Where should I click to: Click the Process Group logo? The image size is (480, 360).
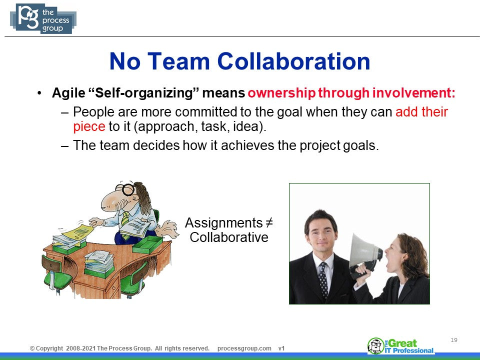pos(43,18)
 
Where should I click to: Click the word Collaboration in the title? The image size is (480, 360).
pos(293,61)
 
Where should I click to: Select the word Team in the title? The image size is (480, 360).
pos(178,61)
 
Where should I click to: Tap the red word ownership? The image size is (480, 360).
pos(281,93)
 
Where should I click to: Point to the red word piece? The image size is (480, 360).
pos(89,126)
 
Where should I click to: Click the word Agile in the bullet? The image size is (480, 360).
pos(68,93)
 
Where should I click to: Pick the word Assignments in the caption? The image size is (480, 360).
pos(224,223)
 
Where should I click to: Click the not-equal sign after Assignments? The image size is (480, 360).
pos(268,222)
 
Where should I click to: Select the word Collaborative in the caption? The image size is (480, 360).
pos(229,237)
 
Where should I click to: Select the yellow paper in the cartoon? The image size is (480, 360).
pos(78,232)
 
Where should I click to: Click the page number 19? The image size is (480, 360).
pos(454,340)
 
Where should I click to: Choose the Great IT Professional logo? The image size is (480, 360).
pos(400,346)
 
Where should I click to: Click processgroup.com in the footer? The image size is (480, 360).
pos(244,348)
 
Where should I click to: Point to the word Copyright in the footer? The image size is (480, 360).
pos(49,348)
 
